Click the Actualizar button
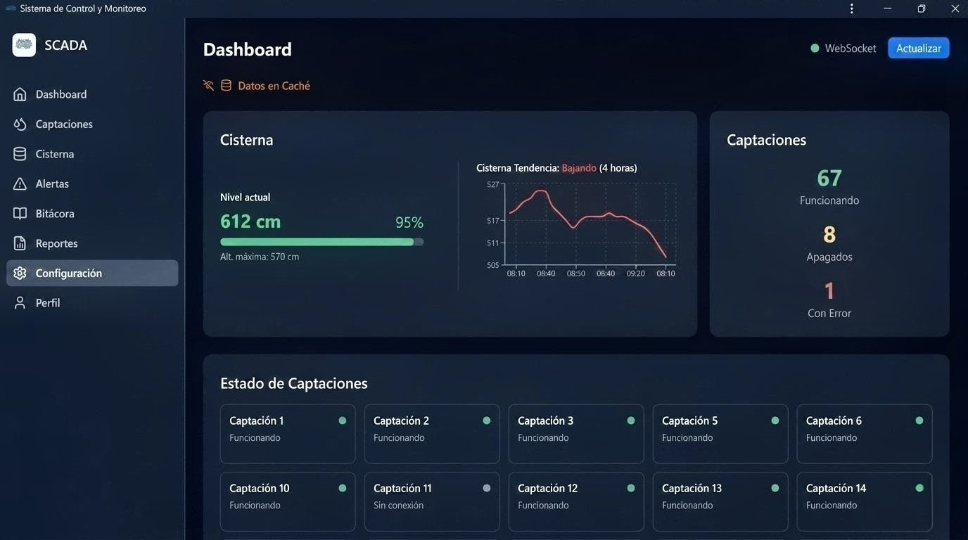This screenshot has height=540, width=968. tap(918, 49)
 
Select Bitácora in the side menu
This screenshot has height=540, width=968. tap(55, 214)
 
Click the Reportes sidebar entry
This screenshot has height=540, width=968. tap(56, 243)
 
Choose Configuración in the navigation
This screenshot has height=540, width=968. tap(68, 274)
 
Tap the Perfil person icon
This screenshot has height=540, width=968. tap(20, 303)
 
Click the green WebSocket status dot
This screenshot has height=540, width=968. tap(815, 49)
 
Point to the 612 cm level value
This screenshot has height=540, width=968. tap(250, 221)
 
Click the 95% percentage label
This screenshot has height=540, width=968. tap(409, 223)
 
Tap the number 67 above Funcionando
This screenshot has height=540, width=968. tap(829, 178)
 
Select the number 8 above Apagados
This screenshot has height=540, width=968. tap(829, 234)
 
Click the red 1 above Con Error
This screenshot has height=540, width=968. tap(829, 290)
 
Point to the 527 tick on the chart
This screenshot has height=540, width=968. tap(492, 184)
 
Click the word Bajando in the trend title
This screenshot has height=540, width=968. tap(579, 168)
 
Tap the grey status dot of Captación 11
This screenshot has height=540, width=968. tap(487, 488)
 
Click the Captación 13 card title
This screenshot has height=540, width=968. tap(692, 488)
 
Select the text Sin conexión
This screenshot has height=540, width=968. tap(398, 506)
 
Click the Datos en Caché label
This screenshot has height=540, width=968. tap(274, 86)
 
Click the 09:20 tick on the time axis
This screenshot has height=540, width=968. tap(635, 274)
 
